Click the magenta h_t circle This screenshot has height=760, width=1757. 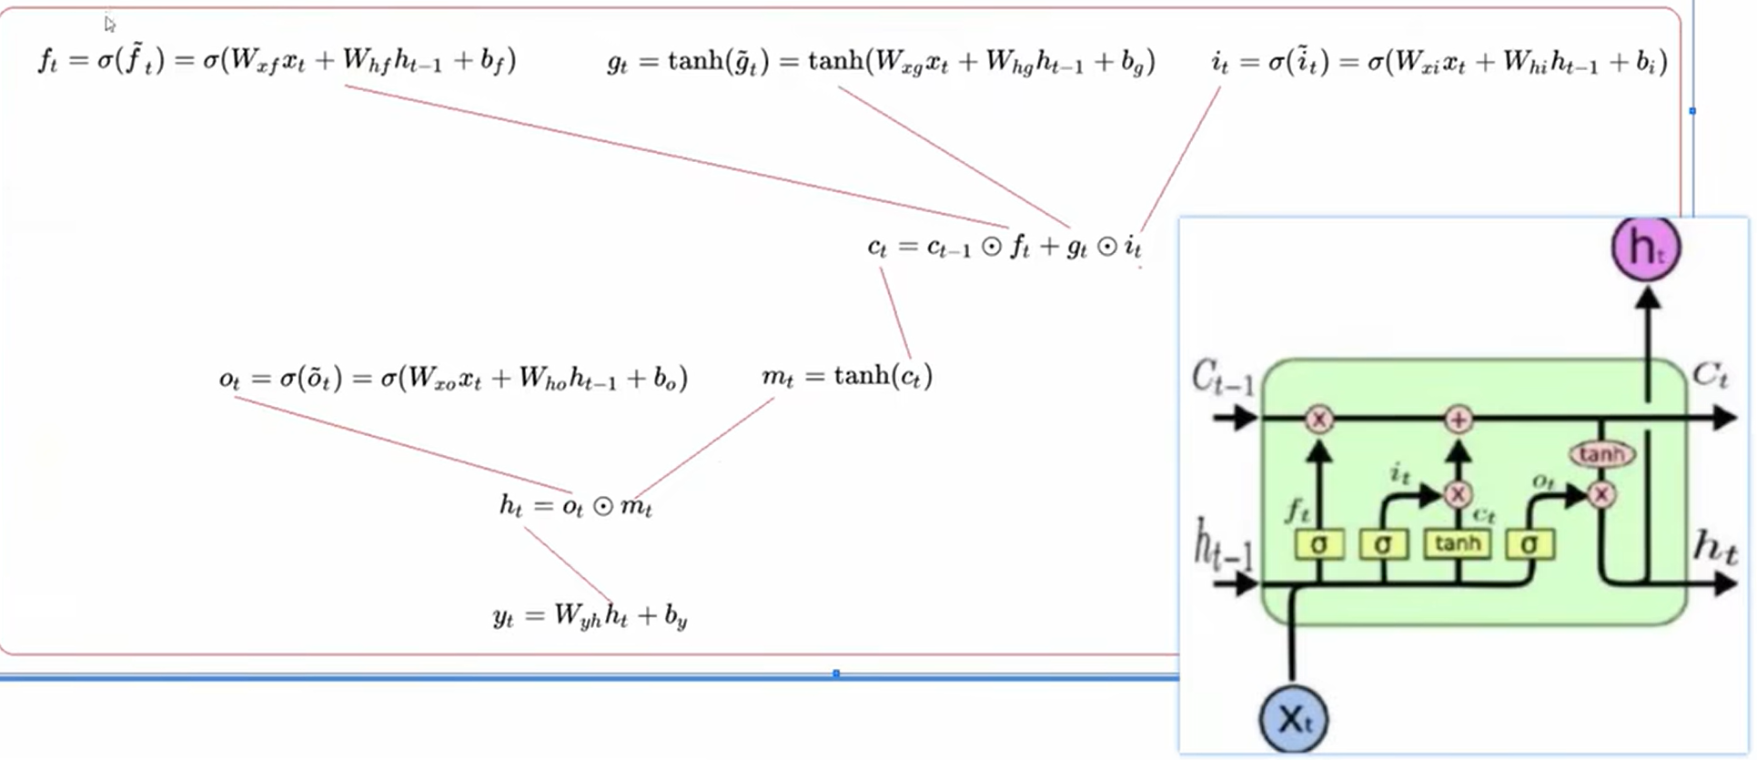pos(1646,248)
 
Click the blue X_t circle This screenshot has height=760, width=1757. pos(1293,719)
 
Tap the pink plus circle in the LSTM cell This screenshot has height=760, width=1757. pos(1459,420)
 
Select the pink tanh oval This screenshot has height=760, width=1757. pos(1601,454)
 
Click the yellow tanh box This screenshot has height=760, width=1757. pos(1457,544)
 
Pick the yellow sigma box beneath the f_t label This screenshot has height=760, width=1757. pos(1318,544)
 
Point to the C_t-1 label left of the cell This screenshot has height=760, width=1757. pos(1223,377)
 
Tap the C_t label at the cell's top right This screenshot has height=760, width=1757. pos(1710,374)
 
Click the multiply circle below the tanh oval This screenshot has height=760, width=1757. pos(1601,495)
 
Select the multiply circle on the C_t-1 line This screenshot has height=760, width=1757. pos(1318,420)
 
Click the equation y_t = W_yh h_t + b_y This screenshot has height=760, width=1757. pos(590,616)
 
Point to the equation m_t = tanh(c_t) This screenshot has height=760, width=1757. pos(847,376)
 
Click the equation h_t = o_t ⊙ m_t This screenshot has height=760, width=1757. pos(575,505)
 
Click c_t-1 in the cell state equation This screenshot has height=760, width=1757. pos(949,247)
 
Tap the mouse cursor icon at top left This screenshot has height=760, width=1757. pos(109,24)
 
